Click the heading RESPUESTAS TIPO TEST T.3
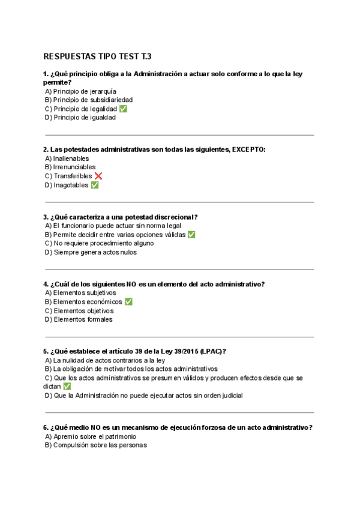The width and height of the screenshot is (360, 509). click(x=97, y=56)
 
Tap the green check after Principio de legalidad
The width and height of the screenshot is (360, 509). click(x=123, y=109)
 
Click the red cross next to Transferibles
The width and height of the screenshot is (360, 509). click(x=98, y=176)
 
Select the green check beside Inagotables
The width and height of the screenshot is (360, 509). click(x=94, y=185)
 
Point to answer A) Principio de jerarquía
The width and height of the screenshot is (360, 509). click(x=81, y=91)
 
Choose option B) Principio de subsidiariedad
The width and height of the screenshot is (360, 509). click(x=89, y=100)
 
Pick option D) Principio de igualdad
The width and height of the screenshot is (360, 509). click(x=80, y=117)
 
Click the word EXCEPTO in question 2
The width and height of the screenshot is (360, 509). click(x=248, y=149)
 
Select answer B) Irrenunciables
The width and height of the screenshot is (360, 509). click(x=70, y=167)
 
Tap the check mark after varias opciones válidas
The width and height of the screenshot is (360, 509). click(x=191, y=235)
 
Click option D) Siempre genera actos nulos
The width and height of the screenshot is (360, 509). click(x=91, y=252)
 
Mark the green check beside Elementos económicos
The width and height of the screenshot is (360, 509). click(x=128, y=302)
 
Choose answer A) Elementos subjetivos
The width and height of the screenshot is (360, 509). click(x=80, y=293)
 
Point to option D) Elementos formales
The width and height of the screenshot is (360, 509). click(x=79, y=319)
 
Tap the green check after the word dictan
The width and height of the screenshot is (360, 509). click(x=67, y=387)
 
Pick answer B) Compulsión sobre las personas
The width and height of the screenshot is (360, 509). click(x=96, y=445)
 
